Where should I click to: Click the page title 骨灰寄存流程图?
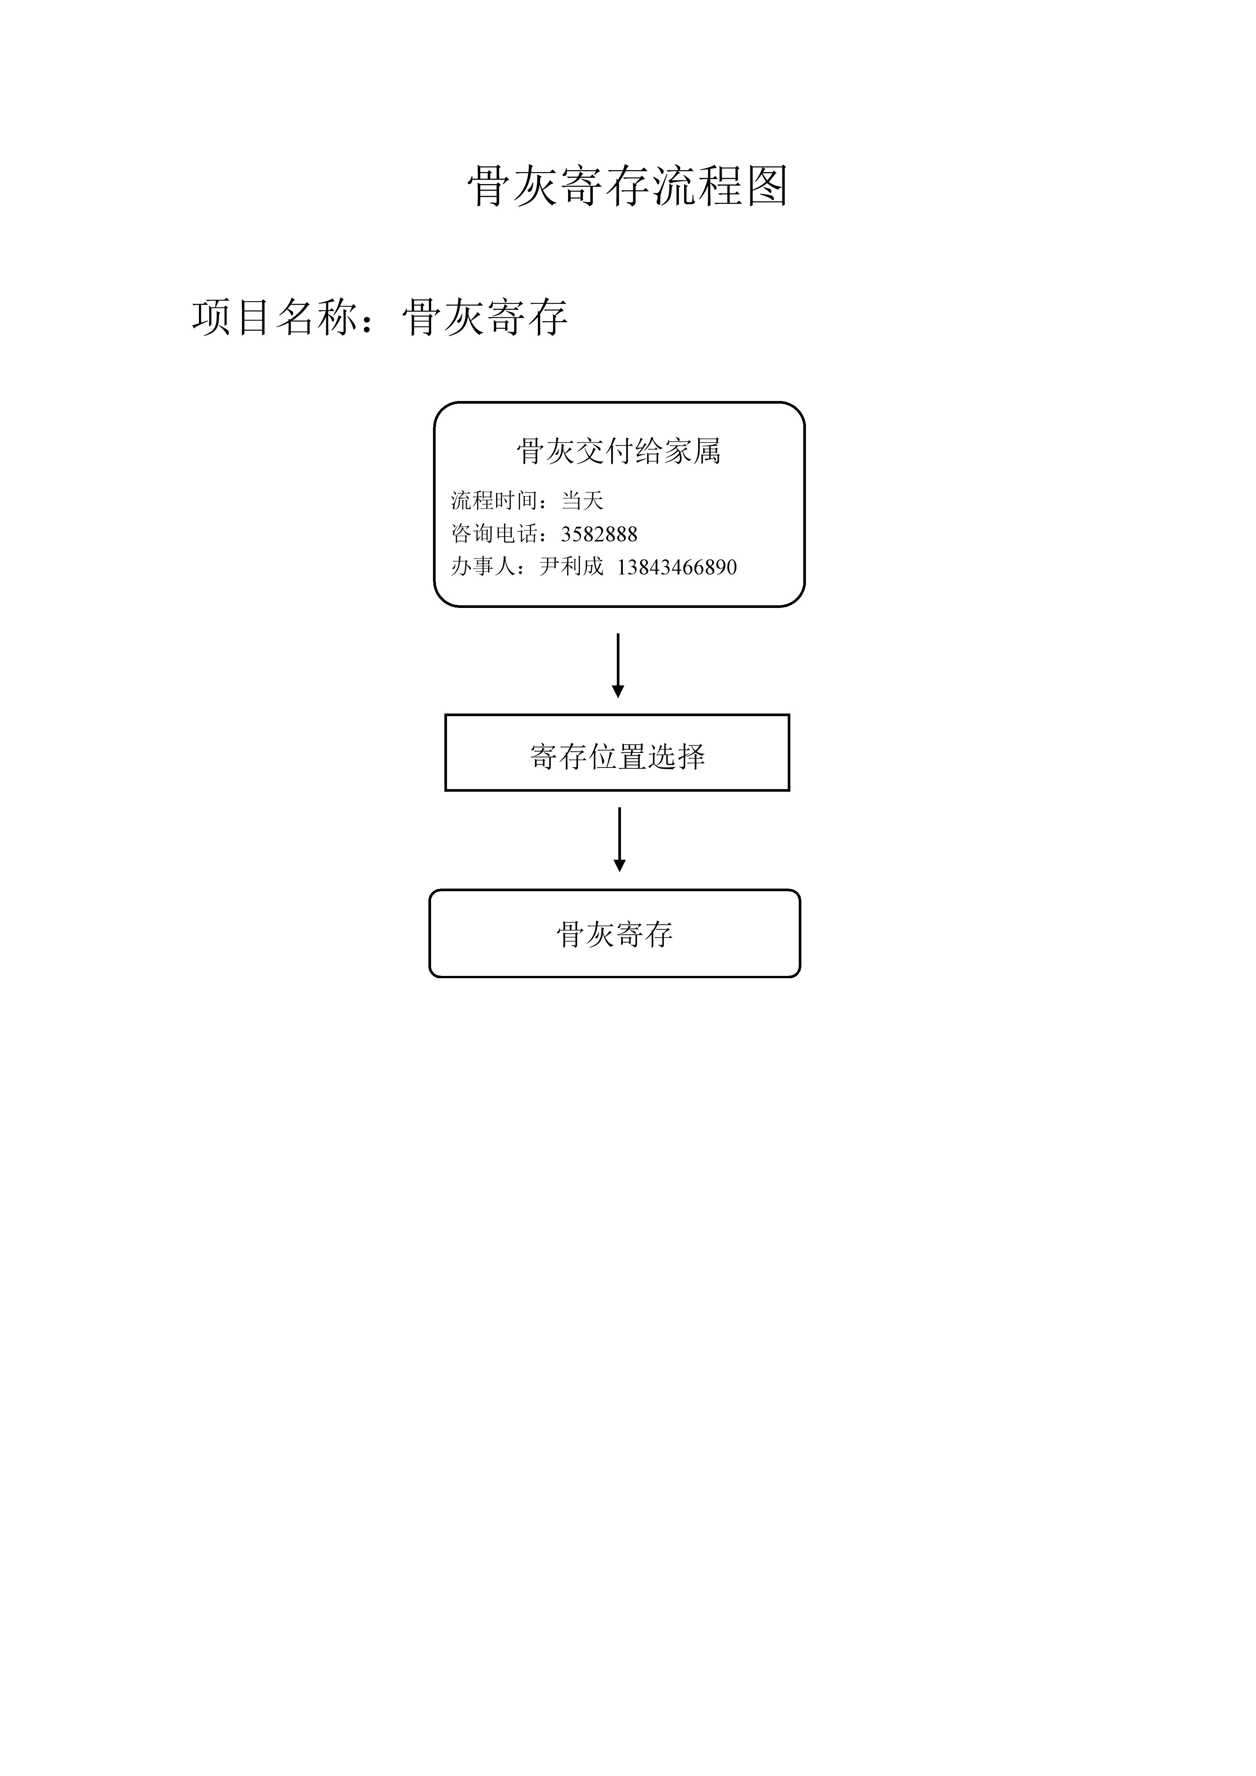click(627, 186)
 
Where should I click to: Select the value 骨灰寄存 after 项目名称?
click(485, 317)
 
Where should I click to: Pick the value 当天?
click(582, 500)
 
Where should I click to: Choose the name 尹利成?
click(571, 567)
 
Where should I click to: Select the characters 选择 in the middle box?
click(676, 756)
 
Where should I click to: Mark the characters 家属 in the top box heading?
click(692, 451)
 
